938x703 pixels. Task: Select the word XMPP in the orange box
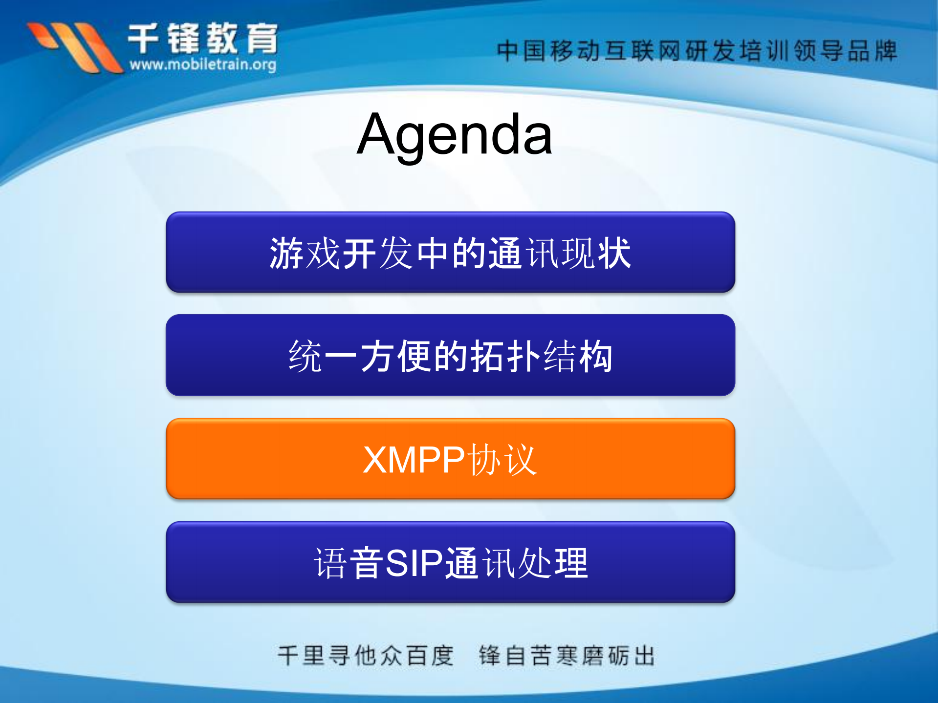[x=414, y=460]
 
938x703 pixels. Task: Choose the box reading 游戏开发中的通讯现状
[x=450, y=252]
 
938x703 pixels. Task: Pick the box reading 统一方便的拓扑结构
[x=450, y=356]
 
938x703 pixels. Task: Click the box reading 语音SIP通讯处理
[x=450, y=562]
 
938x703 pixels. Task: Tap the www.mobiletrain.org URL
[x=203, y=64]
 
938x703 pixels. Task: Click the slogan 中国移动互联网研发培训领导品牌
[x=697, y=51]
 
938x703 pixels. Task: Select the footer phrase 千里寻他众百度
[x=366, y=656]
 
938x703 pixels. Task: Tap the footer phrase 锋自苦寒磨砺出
[x=567, y=656]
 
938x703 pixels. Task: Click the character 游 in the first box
[x=287, y=253]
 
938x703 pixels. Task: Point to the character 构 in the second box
[x=596, y=356]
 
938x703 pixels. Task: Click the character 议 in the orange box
[x=521, y=460]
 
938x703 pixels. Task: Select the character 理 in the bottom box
[x=571, y=563]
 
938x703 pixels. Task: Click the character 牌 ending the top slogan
[x=885, y=51]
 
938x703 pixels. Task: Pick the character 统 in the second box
[x=305, y=356]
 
